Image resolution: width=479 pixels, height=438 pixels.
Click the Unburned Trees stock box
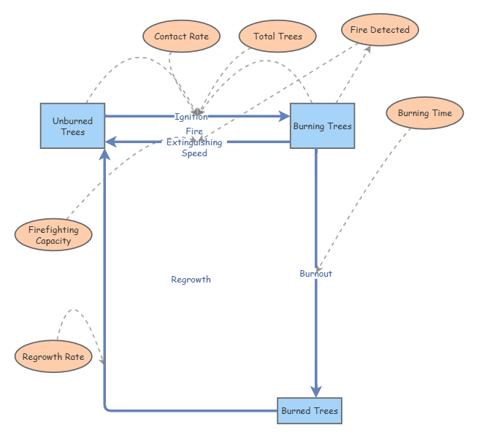pyautogui.click(x=73, y=126)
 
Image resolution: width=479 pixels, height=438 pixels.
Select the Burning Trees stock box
pyautogui.click(x=322, y=126)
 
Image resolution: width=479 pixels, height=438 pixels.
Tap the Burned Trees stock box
pyautogui.click(x=310, y=411)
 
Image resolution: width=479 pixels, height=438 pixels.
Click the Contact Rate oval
pyautogui.click(x=182, y=36)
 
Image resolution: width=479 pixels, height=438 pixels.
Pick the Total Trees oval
pyautogui.click(x=277, y=36)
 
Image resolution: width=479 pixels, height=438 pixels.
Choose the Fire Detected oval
pyautogui.click(x=380, y=30)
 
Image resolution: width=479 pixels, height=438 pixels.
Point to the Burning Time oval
pyautogui.click(x=425, y=113)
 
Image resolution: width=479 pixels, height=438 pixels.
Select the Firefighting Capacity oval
pyautogui.click(x=53, y=234)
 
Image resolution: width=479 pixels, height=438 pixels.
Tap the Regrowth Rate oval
pyautogui.click(x=53, y=356)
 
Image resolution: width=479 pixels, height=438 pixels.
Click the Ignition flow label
pyautogui.click(x=191, y=117)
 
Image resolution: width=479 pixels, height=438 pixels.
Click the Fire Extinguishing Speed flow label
pyautogui.click(x=194, y=142)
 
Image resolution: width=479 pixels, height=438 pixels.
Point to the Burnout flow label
pyautogui.click(x=316, y=273)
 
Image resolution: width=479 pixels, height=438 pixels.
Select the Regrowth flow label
pyautogui.click(x=191, y=279)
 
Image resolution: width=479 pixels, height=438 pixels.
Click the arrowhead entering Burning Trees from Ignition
pyautogui.click(x=284, y=116)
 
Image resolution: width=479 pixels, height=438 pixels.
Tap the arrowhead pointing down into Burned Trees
pyautogui.click(x=316, y=391)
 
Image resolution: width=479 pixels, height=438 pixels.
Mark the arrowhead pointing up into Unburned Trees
pyautogui.click(x=105, y=154)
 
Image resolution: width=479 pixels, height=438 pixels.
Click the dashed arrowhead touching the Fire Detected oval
pyautogui.click(x=368, y=50)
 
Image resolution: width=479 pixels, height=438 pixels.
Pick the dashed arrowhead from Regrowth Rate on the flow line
pyautogui.click(x=103, y=361)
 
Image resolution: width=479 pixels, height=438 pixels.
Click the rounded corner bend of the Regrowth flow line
pyautogui.click(x=107, y=409)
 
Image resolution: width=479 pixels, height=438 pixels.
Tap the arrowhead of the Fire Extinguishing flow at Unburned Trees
pyautogui.click(x=111, y=142)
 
